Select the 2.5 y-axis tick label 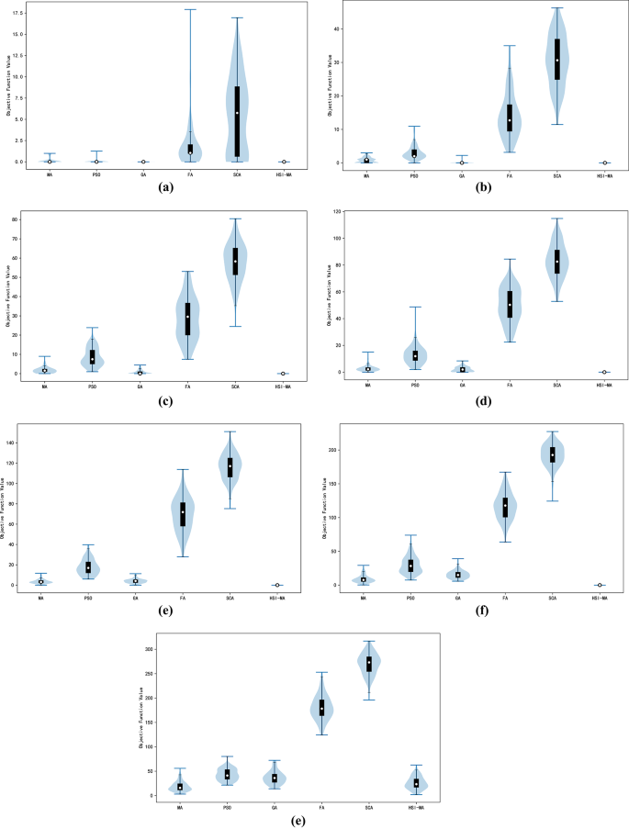(x=22, y=140)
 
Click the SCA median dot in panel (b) (x=556, y=61)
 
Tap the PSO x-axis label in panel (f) (x=410, y=598)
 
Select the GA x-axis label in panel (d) (x=462, y=384)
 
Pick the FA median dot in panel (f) (x=505, y=506)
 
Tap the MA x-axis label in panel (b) (x=366, y=174)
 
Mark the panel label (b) (x=482, y=186)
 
